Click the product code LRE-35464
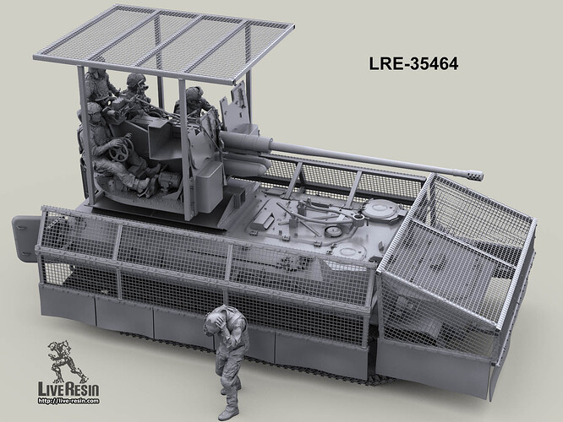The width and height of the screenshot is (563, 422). point(413,64)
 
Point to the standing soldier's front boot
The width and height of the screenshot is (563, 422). point(227,414)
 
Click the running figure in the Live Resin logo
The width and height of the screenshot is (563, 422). point(64,361)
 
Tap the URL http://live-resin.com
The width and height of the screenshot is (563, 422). point(68,401)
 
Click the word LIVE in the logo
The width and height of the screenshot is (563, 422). point(49,390)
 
